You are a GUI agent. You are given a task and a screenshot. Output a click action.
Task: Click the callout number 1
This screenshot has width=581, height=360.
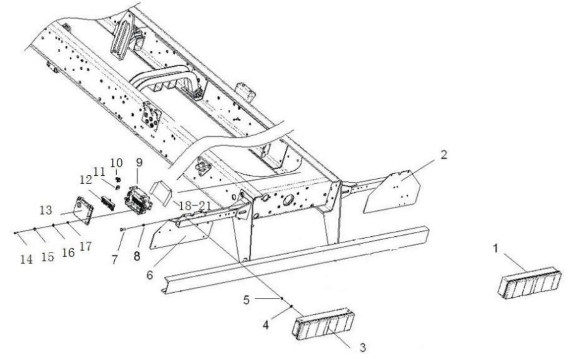(x=495, y=249)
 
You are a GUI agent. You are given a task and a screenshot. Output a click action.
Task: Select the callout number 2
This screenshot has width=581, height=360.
(x=444, y=155)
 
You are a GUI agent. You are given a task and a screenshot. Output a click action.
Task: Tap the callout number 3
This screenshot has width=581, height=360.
(x=363, y=347)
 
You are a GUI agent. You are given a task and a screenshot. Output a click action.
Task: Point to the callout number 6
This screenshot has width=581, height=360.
(x=149, y=275)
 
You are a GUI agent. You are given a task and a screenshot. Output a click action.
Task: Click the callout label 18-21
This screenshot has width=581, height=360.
(x=195, y=205)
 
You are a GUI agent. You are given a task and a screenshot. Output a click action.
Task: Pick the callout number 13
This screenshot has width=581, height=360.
(x=46, y=210)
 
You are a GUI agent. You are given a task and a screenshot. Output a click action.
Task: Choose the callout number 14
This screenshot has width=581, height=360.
(x=26, y=259)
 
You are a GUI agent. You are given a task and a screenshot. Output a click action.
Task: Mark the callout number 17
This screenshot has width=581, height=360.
(x=86, y=247)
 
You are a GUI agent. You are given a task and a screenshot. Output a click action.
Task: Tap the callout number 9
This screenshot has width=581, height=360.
(x=139, y=162)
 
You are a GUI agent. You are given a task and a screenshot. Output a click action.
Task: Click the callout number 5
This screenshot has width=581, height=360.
(x=246, y=300)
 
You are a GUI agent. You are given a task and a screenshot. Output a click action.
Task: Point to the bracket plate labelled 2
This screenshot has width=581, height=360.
(x=392, y=192)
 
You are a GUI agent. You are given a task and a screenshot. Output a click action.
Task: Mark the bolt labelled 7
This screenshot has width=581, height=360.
(x=123, y=229)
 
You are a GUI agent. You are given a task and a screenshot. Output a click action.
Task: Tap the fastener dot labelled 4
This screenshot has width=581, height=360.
(x=292, y=306)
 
